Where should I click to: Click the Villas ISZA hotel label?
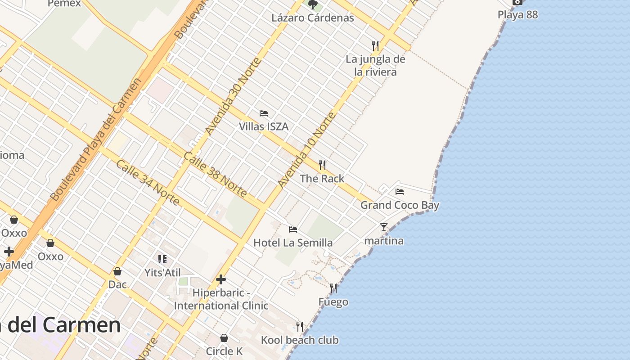263,126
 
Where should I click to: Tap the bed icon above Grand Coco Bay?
399,192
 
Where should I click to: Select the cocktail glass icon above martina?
383,227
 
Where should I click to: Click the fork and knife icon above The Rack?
322,165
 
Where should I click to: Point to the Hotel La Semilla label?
293,243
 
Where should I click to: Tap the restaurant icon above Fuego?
333,288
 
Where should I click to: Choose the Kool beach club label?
300,340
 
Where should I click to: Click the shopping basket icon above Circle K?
224,338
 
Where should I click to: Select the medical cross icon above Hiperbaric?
220,279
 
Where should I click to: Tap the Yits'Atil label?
162,273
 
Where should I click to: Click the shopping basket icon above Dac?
117,271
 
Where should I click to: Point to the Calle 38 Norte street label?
215,175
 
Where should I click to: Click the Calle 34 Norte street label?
148,182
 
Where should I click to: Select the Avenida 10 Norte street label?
307,150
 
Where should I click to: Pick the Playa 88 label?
517,14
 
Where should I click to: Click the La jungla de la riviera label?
375,66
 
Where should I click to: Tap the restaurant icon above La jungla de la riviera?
375,45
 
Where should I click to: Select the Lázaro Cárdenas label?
313,18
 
